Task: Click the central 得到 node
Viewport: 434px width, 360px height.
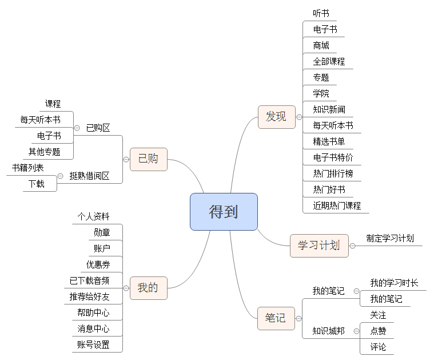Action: [224, 212]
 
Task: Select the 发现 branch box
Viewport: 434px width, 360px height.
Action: [276, 117]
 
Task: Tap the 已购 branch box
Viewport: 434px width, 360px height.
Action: [148, 159]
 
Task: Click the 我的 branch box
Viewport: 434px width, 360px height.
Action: [148, 288]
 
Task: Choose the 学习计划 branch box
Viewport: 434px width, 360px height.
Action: [319, 246]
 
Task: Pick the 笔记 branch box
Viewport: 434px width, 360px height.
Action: [276, 318]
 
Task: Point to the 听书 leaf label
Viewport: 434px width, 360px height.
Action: [321, 13]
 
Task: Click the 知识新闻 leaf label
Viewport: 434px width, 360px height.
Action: [329, 109]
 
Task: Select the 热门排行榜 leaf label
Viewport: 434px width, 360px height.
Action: [333, 173]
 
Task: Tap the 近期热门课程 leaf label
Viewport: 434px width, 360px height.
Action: [337, 205]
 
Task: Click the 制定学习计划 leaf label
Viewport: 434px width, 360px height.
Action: [390, 239]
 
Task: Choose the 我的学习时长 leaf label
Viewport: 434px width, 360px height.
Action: [394, 283]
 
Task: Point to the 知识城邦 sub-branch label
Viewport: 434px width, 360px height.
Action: [328, 331]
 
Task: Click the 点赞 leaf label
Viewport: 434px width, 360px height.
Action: [378, 331]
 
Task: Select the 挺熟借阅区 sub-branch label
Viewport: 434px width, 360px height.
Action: [89, 176]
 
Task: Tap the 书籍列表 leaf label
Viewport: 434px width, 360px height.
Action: [28, 168]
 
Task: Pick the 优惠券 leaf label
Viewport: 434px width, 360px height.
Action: [98, 264]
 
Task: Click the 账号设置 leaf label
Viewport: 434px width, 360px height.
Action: [93, 345]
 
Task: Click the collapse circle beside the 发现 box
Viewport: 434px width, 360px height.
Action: [299, 117]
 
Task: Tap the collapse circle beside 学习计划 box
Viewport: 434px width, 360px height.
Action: [353, 246]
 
